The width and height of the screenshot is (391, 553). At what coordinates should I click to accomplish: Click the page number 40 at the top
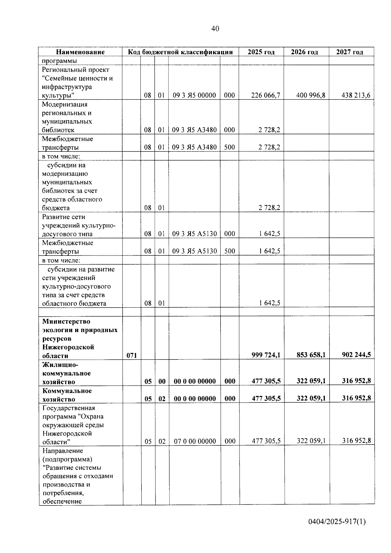coord(215,29)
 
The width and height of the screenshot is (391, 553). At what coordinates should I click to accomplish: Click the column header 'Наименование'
coord(80,52)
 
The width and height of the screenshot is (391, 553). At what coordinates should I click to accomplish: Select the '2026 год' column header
coord(304,52)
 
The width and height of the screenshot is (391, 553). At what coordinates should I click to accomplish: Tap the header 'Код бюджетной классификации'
coord(180,52)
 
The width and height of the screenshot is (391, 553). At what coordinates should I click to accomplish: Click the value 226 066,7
coord(266,95)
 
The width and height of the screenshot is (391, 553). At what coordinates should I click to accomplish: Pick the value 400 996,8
coord(311,95)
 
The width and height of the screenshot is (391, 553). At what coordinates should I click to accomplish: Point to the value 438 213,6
coord(356,95)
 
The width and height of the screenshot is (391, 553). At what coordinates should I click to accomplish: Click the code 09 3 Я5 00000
coord(194,95)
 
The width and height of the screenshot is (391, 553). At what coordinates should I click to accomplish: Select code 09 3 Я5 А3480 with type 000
coord(194,130)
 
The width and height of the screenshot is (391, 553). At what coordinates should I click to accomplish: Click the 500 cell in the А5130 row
coord(229,251)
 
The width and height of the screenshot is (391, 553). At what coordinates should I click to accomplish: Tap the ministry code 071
coord(132,355)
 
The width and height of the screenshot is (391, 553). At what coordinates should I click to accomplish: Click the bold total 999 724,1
coord(266,355)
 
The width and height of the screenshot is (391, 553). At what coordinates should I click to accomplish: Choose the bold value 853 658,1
coord(311,355)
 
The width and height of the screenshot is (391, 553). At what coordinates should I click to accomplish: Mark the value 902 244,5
coord(356,355)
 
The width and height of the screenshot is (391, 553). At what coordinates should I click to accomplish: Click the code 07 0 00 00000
coord(195,441)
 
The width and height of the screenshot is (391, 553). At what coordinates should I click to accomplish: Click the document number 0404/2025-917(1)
coord(337,522)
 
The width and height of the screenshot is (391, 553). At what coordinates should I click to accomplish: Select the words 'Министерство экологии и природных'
coord(80,326)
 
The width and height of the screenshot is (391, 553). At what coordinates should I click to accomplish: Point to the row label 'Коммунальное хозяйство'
coord(67,395)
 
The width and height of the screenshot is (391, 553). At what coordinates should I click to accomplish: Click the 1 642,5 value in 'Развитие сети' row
coord(269,234)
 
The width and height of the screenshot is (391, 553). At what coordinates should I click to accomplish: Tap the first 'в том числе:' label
coord(61,156)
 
